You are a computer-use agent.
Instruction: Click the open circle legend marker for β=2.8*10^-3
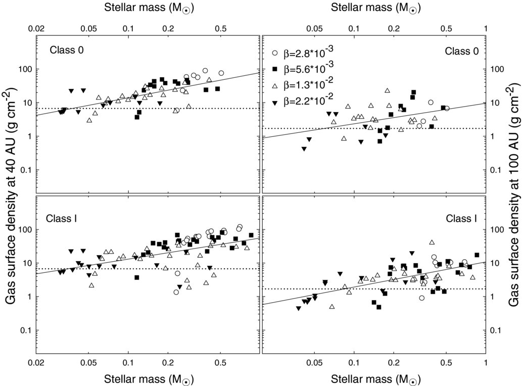(x=275, y=53)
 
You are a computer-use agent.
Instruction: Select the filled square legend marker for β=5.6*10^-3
(x=275, y=69)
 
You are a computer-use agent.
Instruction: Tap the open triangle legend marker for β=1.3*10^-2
(x=275, y=86)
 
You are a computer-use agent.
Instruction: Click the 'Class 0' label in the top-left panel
(x=67, y=50)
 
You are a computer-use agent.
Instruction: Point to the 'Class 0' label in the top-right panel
(x=462, y=51)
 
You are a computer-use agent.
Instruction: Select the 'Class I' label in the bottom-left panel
(x=62, y=219)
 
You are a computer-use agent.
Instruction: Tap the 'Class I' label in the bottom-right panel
(x=461, y=219)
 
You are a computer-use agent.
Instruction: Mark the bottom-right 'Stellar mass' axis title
(x=375, y=379)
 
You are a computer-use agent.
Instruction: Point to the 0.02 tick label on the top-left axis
(x=36, y=28)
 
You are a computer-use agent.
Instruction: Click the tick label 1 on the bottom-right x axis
(x=486, y=362)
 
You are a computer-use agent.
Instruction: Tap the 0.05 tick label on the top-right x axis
(x=314, y=28)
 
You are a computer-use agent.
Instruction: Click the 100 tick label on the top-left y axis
(x=26, y=69)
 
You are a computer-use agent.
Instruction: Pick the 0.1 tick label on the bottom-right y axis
(x=496, y=330)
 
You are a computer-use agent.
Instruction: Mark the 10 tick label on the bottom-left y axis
(x=28, y=263)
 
